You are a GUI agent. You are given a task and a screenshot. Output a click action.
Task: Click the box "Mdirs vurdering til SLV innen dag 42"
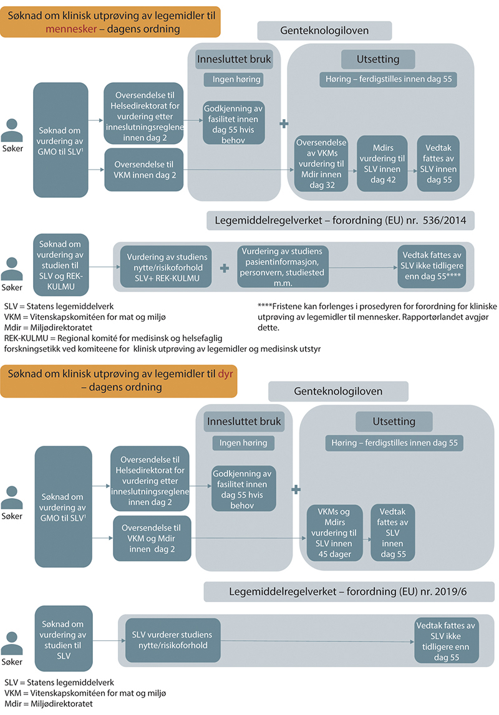click(382, 163)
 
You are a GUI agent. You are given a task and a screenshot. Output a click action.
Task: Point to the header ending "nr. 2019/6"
click(349, 591)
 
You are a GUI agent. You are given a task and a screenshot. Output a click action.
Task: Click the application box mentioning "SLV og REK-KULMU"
click(61, 265)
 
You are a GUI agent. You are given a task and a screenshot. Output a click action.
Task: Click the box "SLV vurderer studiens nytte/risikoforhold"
click(173, 640)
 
